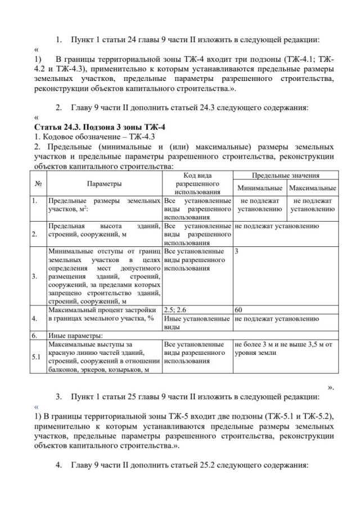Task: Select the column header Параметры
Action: pyautogui.click(x=105, y=183)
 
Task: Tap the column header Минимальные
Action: pyautogui.click(x=259, y=188)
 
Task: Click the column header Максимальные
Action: pyautogui.click(x=312, y=188)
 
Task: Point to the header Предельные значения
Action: pyautogui.click(x=285, y=175)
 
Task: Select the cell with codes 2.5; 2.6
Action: pyautogui.click(x=174, y=309)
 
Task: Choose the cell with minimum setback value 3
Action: pyautogui.click(x=237, y=251)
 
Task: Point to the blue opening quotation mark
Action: pyautogui.click(x=37, y=406)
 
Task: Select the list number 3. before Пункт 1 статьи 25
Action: pyautogui.click(x=59, y=397)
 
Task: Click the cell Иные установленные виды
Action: pyautogui.click(x=196, y=322)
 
